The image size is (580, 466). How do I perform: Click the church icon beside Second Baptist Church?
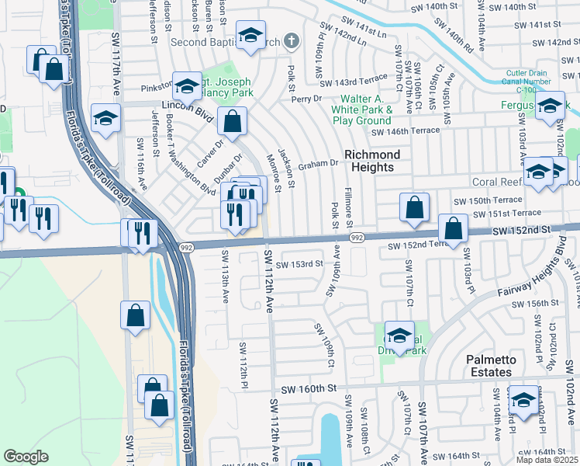point(292,40)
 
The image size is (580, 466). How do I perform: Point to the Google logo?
point(26,457)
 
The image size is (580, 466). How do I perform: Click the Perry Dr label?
point(306,99)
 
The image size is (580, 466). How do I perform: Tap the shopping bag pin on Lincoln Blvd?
point(232,121)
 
